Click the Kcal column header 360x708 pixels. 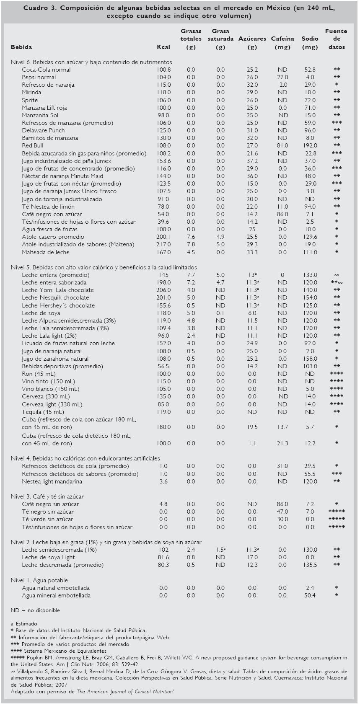point(163,47)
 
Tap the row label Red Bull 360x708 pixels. point(32,145)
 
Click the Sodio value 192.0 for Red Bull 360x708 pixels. point(310,145)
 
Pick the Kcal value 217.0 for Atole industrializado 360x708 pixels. point(163,244)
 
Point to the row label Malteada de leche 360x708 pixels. point(46,252)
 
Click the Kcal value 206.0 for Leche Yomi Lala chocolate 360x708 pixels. point(163,290)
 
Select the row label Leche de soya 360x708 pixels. point(41,313)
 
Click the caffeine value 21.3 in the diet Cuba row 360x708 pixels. point(282,443)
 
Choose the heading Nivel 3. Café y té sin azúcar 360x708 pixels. point(47,496)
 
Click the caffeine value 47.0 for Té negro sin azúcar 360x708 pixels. point(282,512)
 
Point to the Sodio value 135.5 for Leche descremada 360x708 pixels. point(310,565)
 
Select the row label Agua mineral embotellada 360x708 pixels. point(56,595)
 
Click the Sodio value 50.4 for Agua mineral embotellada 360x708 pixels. point(310,595)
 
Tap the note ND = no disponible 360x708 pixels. point(35,610)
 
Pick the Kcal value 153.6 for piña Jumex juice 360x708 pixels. point(163,161)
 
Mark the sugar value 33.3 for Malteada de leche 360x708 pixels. point(252,252)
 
